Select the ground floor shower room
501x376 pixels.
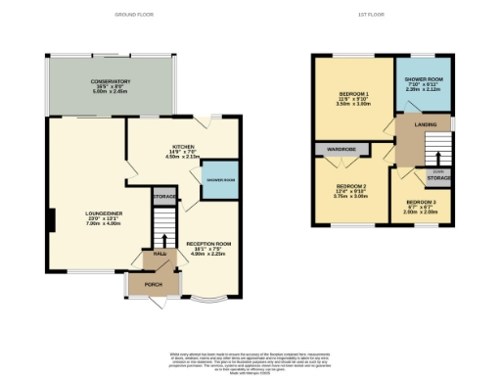(x=220, y=180)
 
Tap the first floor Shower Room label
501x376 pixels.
(x=420, y=83)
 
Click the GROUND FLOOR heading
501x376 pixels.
(x=134, y=16)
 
